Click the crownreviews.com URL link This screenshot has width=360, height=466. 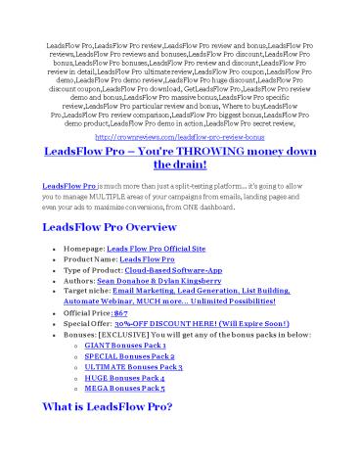point(180,140)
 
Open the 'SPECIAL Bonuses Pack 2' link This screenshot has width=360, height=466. point(152,358)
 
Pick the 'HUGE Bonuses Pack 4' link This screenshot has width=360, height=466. point(147,380)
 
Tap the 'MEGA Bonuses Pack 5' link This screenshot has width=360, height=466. point(147,391)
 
